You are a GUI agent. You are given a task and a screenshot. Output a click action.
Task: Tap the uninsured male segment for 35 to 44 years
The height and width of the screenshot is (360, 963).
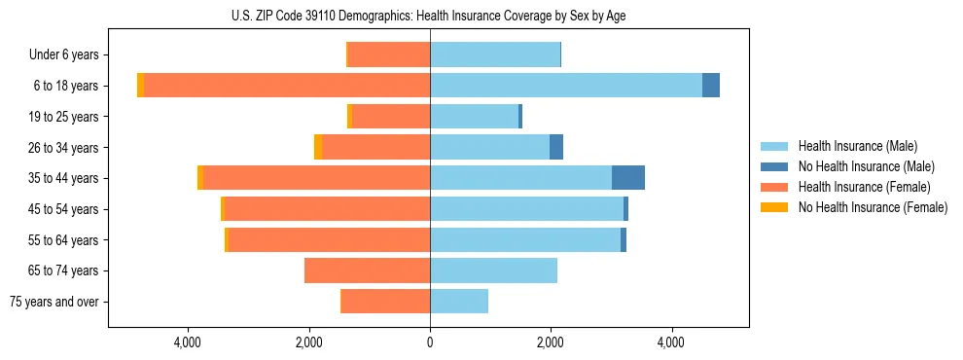(628, 178)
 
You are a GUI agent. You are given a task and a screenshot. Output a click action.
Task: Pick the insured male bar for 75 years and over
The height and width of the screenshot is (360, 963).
(459, 302)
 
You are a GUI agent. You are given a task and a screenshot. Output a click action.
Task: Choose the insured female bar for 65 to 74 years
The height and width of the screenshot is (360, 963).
(368, 270)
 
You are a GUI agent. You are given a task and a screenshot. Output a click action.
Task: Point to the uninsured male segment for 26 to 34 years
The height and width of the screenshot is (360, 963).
(556, 147)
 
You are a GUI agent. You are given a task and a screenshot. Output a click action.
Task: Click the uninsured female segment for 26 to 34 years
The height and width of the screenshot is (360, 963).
(318, 147)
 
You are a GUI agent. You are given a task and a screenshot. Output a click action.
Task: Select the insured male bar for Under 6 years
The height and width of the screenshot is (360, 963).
(495, 54)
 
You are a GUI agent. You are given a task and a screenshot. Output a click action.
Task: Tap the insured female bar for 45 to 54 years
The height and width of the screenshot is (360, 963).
(327, 209)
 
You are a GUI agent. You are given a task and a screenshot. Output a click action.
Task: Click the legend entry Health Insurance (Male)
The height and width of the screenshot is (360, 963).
(857, 146)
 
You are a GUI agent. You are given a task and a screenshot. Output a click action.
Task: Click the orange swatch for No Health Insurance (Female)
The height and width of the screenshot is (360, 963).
(774, 207)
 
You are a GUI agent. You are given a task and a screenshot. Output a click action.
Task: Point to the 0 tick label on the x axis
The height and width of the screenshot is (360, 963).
(430, 342)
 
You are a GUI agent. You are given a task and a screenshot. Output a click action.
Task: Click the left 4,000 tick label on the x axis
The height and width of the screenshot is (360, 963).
(187, 342)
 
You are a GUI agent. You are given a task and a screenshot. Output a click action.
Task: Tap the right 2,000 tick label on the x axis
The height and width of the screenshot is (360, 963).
(551, 342)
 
